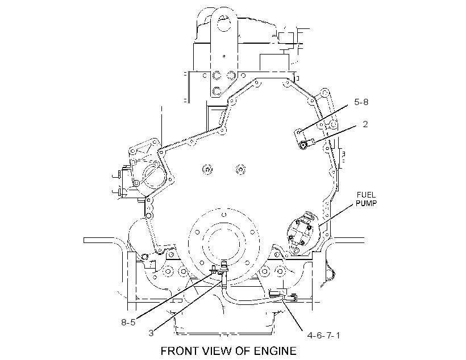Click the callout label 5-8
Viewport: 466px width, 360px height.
click(x=361, y=102)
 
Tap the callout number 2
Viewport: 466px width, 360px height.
click(x=365, y=124)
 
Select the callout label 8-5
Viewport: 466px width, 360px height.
click(x=128, y=322)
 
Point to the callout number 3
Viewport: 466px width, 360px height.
click(x=151, y=333)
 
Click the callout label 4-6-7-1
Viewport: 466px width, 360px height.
click(x=324, y=336)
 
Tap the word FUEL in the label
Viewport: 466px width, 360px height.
click(x=366, y=195)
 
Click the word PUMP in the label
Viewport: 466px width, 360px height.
click(x=366, y=203)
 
